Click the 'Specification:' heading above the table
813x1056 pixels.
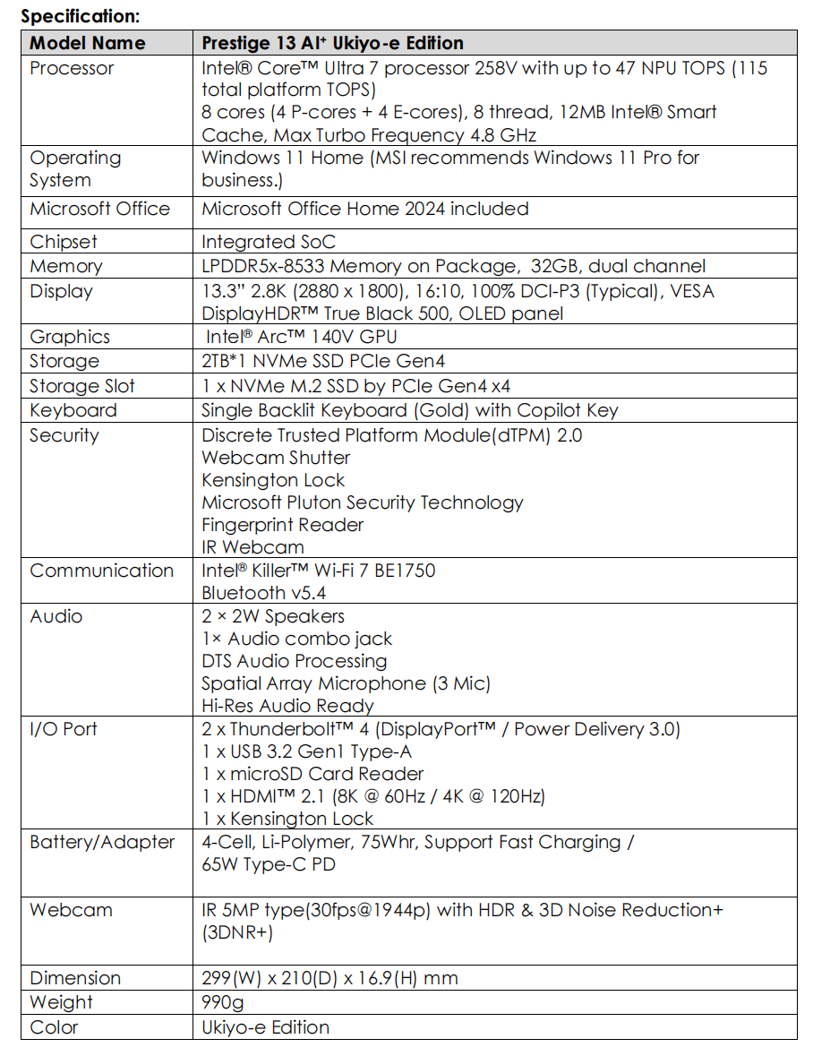click(81, 15)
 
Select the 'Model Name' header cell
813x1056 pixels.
click(87, 43)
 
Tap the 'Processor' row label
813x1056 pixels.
click(72, 68)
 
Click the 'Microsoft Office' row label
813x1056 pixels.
click(99, 209)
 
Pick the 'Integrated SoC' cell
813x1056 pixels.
click(261, 242)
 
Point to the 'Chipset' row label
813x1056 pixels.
click(63, 242)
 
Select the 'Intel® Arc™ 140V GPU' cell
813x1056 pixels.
click(301, 337)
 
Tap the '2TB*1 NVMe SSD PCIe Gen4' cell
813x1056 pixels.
click(322, 361)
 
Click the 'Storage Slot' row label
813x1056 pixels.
click(81, 386)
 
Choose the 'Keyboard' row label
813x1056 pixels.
click(73, 410)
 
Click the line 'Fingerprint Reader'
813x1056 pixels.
click(282, 525)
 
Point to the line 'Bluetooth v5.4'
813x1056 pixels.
click(264, 593)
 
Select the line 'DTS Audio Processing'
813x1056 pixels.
click(294, 661)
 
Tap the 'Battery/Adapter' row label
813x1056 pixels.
click(102, 842)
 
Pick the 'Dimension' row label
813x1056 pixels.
click(75, 978)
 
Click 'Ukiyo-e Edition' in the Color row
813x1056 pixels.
click(265, 1027)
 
